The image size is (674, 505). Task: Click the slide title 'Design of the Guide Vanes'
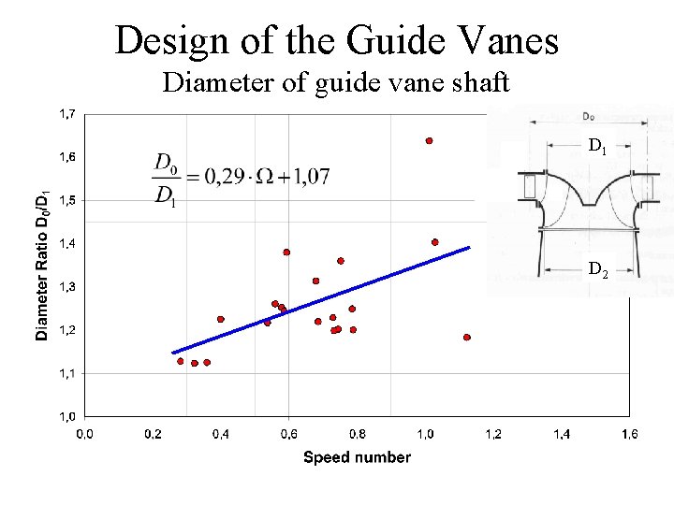click(x=336, y=40)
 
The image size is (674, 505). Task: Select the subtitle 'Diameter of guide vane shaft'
click(x=336, y=83)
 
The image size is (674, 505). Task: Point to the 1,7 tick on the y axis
click(x=68, y=114)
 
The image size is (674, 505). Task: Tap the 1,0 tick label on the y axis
click(x=68, y=416)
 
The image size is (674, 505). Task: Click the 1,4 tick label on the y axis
click(x=68, y=243)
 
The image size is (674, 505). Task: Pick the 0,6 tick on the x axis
click(x=288, y=434)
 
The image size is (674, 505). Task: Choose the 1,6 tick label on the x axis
click(x=629, y=434)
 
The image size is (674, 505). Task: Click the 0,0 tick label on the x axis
click(x=84, y=434)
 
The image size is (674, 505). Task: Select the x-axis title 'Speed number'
click(x=357, y=457)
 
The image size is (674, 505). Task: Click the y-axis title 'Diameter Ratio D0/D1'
click(x=43, y=266)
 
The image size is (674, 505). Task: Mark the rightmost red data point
click(x=466, y=337)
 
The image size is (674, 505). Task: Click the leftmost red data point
click(x=181, y=361)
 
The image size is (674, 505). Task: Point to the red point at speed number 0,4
click(x=221, y=319)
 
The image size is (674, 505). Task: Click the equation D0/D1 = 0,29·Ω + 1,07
click(x=241, y=178)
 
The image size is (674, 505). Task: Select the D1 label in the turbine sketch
click(x=598, y=146)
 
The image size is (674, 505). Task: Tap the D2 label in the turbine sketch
click(x=598, y=271)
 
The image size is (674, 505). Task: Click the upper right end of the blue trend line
click(x=469, y=247)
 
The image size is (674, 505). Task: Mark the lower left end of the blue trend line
click(x=173, y=353)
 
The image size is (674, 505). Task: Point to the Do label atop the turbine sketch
click(x=587, y=117)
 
